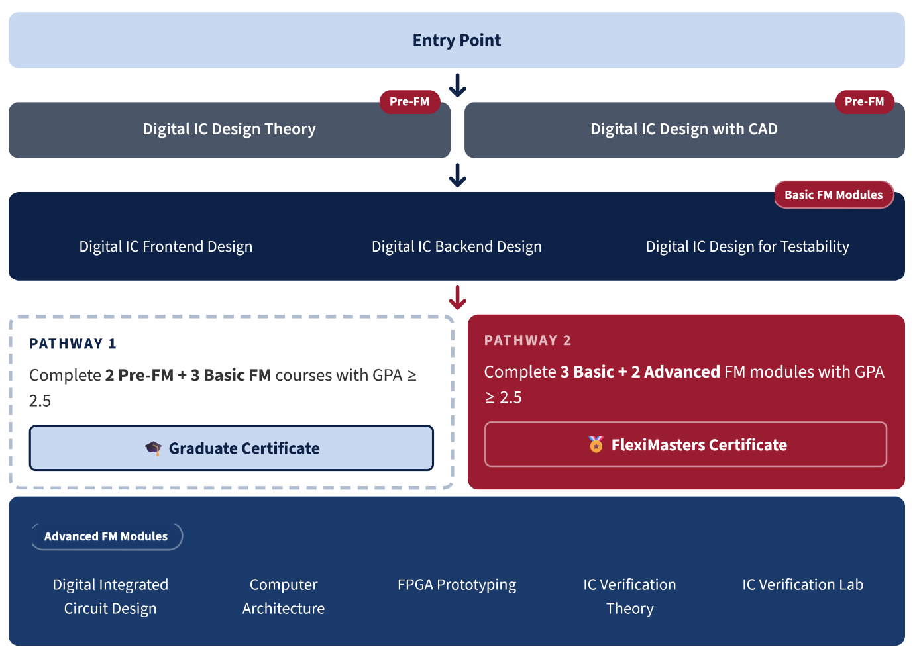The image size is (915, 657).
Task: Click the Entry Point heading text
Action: pyautogui.click(x=457, y=40)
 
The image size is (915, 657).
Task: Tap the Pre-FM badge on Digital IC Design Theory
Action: pyautogui.click(x=409, y=102)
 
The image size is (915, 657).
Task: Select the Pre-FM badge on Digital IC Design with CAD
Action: pyautogui.click(x=864, y=102)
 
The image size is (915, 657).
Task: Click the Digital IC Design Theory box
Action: pyautogui.click(x=229, y=130)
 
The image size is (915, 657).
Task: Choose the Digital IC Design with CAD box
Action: pyautogui.click(x=684, y=130)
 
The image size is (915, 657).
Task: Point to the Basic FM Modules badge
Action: pyautogui.click(x=834, y=195)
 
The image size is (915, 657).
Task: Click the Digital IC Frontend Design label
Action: pyautogui.click(x=166, y=247)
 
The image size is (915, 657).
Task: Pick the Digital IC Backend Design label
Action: pyautogui.click(x=457, y=247)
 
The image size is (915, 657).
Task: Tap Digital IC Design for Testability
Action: pyautogui.click(x=747, y=247)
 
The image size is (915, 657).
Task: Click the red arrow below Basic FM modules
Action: pyautogui.click(x=457, y=298)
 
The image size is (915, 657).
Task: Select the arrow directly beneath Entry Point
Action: pyautogui.click(x=457, y=85)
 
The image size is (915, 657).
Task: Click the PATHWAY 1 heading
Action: pyautogui.click(x=73, y=344)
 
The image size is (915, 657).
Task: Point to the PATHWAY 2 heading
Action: pyautogui.click(x=527, y=340)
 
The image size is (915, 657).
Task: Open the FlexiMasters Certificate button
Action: pyautogui.click(x=686, y=444)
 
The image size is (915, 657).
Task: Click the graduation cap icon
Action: pyautogui.click(x=153, y=448)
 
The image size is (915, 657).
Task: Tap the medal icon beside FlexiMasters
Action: pyautogui.click(x=596, y=444)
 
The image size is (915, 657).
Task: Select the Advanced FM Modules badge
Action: pyautogui.click(x=106, y=536)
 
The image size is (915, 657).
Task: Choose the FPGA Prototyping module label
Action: pyautogui.click(x=457, y=585)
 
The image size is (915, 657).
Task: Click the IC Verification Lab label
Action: pyautogui.click(x=802, y=585)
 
